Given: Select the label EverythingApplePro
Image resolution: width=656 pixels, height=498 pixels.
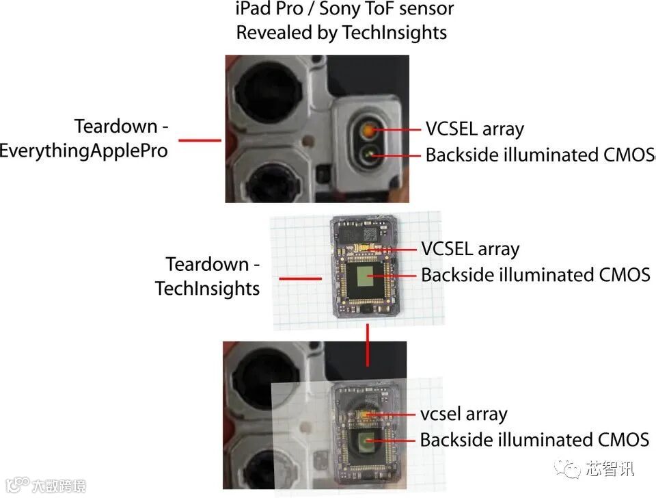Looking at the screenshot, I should point(83,150).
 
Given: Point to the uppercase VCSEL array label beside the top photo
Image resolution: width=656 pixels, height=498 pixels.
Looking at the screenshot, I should point(474,129).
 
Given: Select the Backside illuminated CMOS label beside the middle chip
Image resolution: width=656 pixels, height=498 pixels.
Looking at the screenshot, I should point(535,275).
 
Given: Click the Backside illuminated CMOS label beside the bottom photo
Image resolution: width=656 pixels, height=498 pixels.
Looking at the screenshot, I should point(534,439).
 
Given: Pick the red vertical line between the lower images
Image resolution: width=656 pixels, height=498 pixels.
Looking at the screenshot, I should point(368,344).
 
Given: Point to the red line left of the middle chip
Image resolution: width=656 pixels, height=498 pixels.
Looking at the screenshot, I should point(300,278).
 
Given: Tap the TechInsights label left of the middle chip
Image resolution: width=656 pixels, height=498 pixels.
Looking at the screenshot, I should point(207,288).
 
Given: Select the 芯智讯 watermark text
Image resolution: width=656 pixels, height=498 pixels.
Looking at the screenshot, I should point(610,469).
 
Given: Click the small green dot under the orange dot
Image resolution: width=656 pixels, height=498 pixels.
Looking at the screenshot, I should point(370,155).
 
